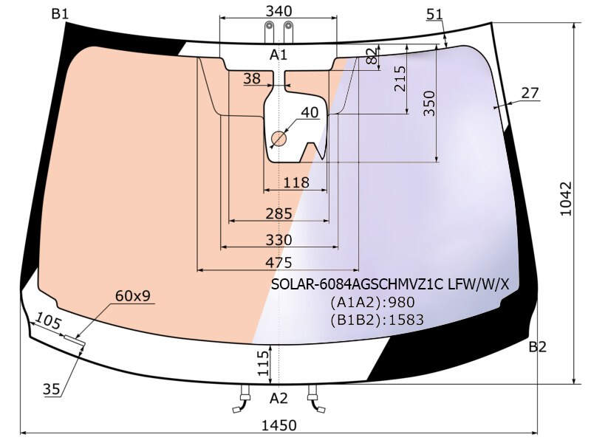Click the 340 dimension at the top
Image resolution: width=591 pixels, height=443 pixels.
tap(279, 11)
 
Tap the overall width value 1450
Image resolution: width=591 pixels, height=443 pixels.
tap(279, 426)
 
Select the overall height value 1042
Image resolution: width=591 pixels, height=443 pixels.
tap(566, 199)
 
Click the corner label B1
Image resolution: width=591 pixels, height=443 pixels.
tap(60, 14)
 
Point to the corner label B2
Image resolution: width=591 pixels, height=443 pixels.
tap(538, 347)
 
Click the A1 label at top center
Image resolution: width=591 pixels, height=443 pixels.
tap(279, 55)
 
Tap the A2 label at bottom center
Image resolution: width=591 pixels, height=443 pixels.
tap(279, 398)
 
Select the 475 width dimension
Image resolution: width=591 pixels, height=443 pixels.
tap(279, 263)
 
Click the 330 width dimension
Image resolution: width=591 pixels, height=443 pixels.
tap(279, 239)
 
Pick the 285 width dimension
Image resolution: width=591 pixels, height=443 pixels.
tap(279, 213)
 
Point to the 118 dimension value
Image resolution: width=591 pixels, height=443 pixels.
tap(296, 182)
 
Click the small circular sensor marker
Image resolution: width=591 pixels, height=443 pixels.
tap(279, 139)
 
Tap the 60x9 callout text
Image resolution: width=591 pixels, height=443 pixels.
tap(133, 296)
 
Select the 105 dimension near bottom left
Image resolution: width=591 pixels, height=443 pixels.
tap(48, 322)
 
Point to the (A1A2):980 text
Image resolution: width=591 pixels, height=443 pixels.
tap(372, 302)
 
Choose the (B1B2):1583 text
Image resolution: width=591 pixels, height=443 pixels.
tap(378, 320)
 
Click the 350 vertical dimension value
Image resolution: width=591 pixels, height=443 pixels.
tap(430, 103)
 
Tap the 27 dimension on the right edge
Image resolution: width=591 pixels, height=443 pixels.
tap(530, 93)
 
